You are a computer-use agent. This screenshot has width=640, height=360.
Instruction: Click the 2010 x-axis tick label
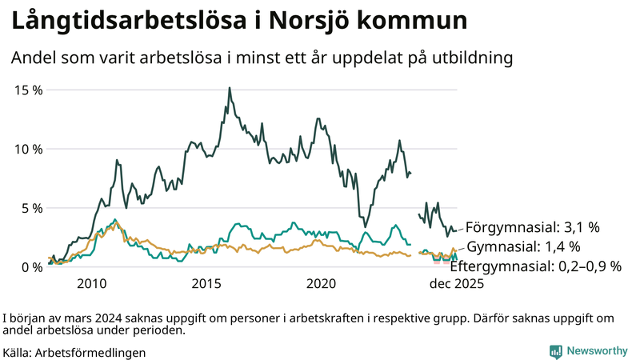91,284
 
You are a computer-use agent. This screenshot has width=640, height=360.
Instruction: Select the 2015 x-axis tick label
206,284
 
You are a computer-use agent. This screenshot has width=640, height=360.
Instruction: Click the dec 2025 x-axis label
458,284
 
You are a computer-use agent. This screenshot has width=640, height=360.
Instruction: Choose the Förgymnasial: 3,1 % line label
532,227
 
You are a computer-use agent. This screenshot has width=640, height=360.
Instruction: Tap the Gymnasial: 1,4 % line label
524,246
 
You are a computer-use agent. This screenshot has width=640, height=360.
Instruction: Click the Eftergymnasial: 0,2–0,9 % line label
536,266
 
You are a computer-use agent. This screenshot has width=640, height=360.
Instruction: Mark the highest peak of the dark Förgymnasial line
230,88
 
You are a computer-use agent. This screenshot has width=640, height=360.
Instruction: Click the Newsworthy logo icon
555,351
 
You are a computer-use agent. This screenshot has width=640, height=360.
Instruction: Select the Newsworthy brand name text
597,351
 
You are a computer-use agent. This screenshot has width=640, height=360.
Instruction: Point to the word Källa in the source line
18,352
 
